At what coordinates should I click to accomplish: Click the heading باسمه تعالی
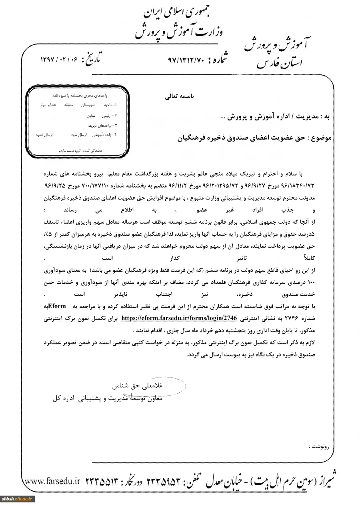coord(179,96)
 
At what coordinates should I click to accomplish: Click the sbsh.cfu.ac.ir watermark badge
coord(18,499)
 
